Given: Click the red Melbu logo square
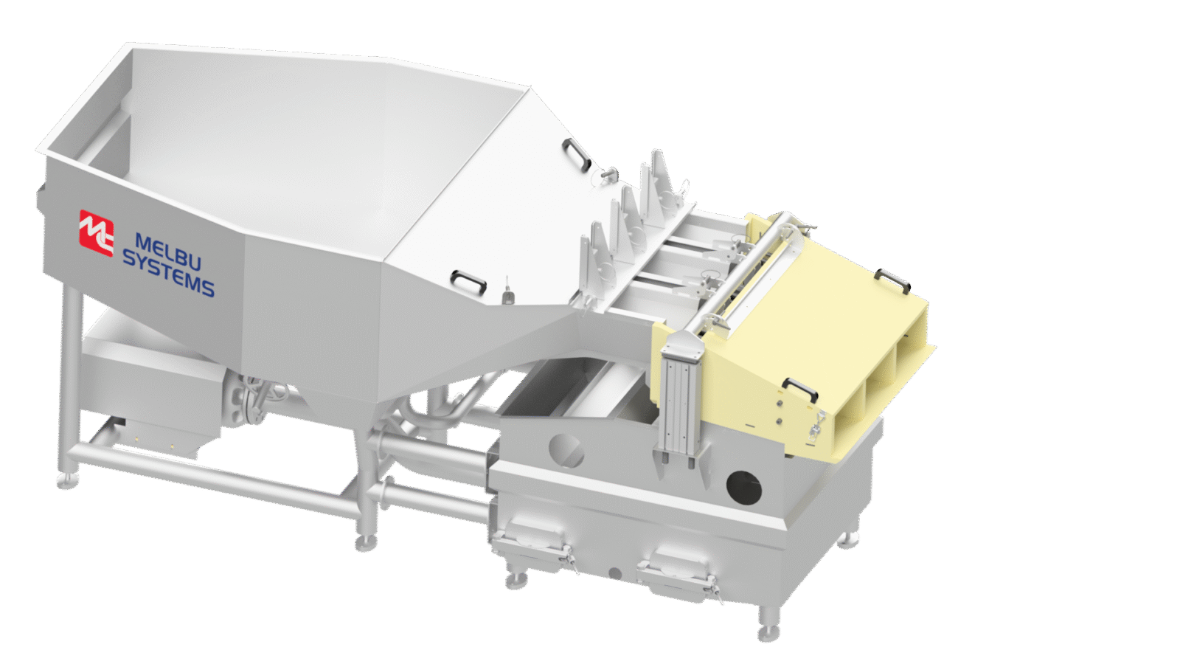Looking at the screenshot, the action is click(x=96, y=233).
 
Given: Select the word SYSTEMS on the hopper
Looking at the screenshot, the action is click(x=168, y=274).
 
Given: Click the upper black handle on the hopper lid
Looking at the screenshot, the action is click(x=575, y=154).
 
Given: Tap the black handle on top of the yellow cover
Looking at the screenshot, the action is click(x=892, y=280).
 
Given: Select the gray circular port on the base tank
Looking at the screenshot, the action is click(x=566, y=450).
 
